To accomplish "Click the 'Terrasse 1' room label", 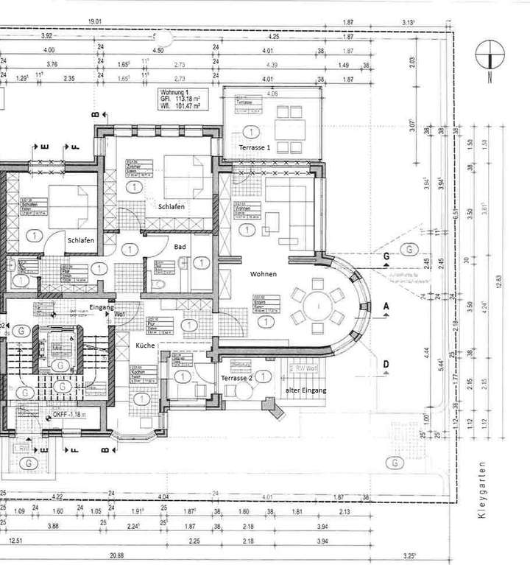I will coord(254,148).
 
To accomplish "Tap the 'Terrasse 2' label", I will coord(236,377).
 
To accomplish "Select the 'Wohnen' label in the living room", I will coord(263,274).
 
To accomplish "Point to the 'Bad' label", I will coord(180,248).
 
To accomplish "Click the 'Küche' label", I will coord(144,345).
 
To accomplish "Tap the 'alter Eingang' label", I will coord(305,389).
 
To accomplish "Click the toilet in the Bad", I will coord(161,283).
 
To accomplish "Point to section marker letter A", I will coord(386,304).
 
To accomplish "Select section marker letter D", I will coord(386,363).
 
